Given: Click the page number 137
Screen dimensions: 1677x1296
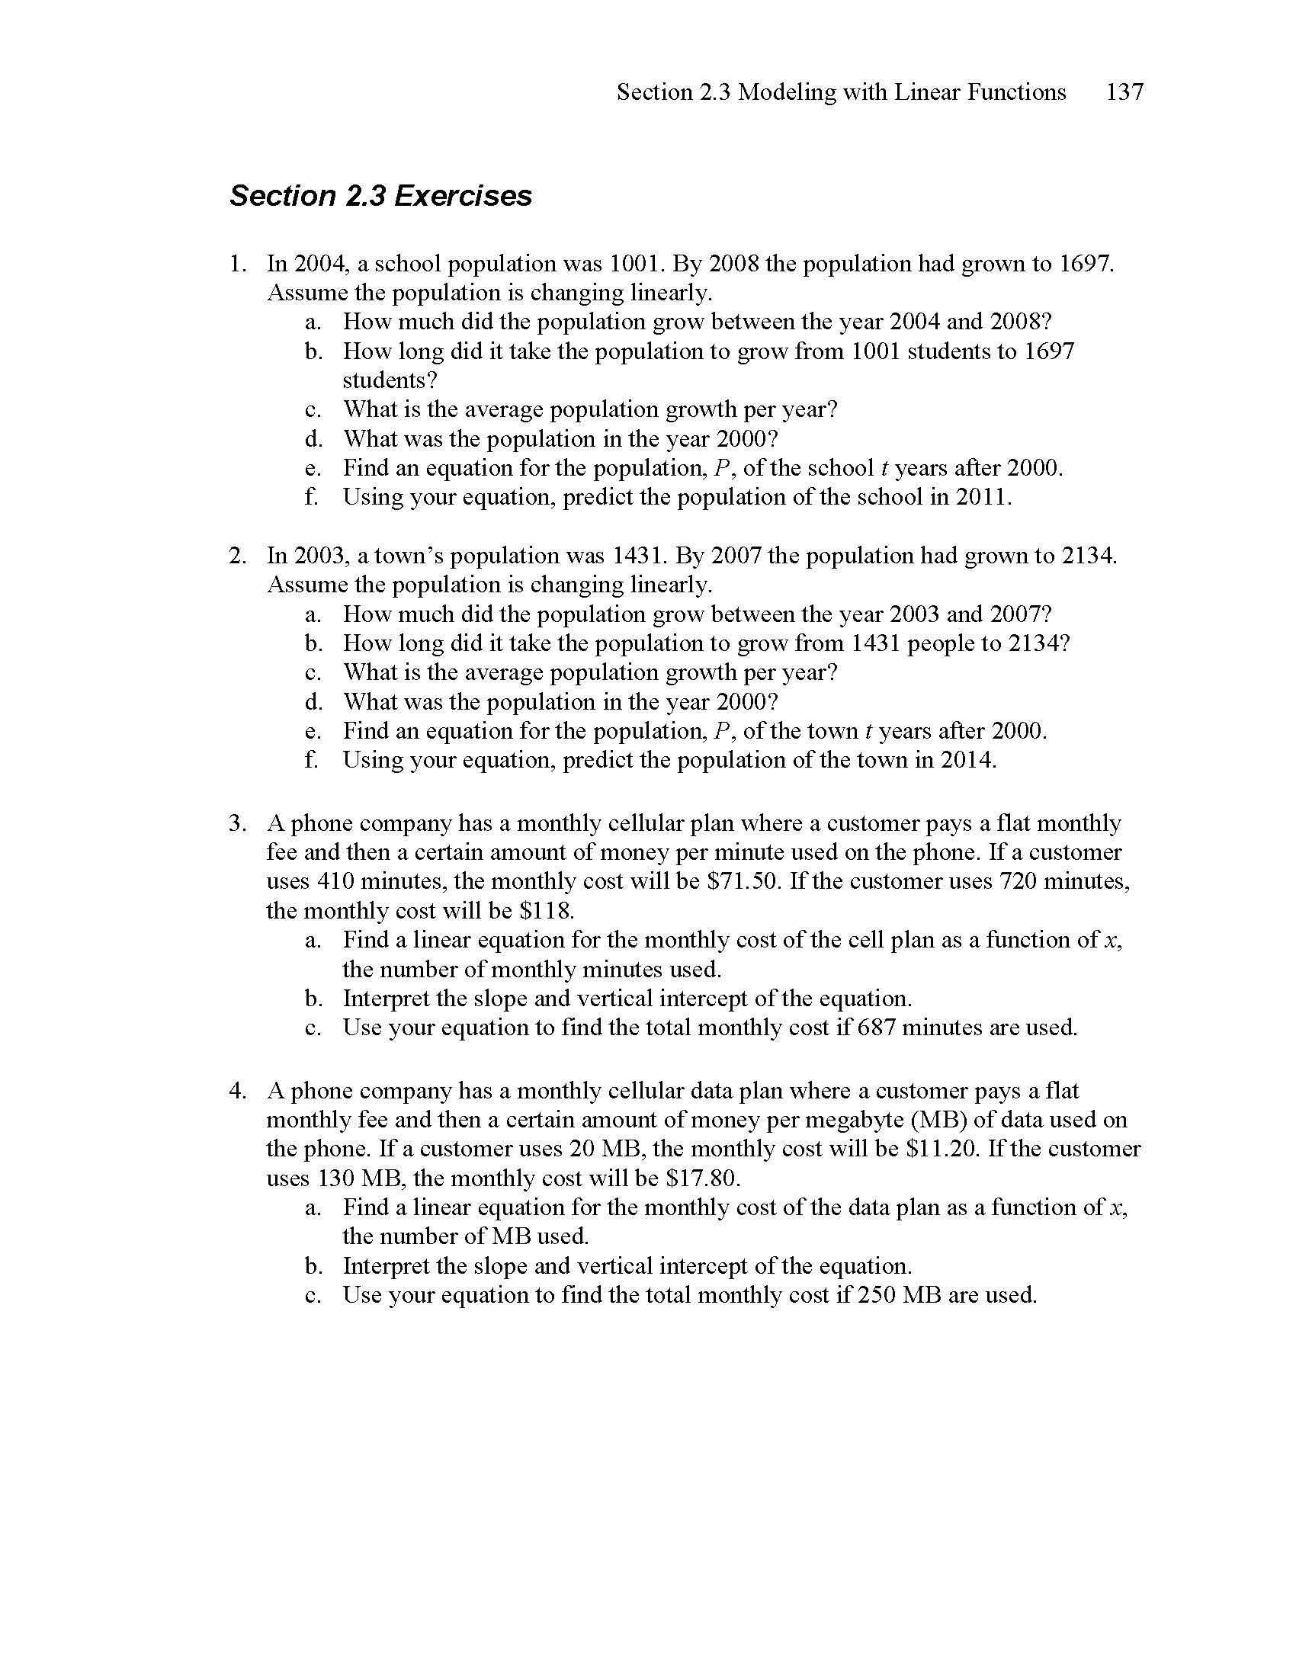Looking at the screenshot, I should click(x=1124, y=92).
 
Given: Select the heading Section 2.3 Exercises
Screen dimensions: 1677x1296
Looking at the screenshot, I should click(x=380, y=196).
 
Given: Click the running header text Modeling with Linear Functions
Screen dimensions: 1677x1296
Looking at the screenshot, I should click(x=902, y=92).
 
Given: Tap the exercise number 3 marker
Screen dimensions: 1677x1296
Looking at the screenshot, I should click(x=236, y=823).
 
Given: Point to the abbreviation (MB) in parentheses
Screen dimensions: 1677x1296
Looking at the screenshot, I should click(x=938, y=1120).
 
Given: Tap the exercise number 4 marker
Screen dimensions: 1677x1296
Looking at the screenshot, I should click(x=236, y=1090).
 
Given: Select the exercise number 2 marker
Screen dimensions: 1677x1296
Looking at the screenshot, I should click(x=236, y=555).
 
